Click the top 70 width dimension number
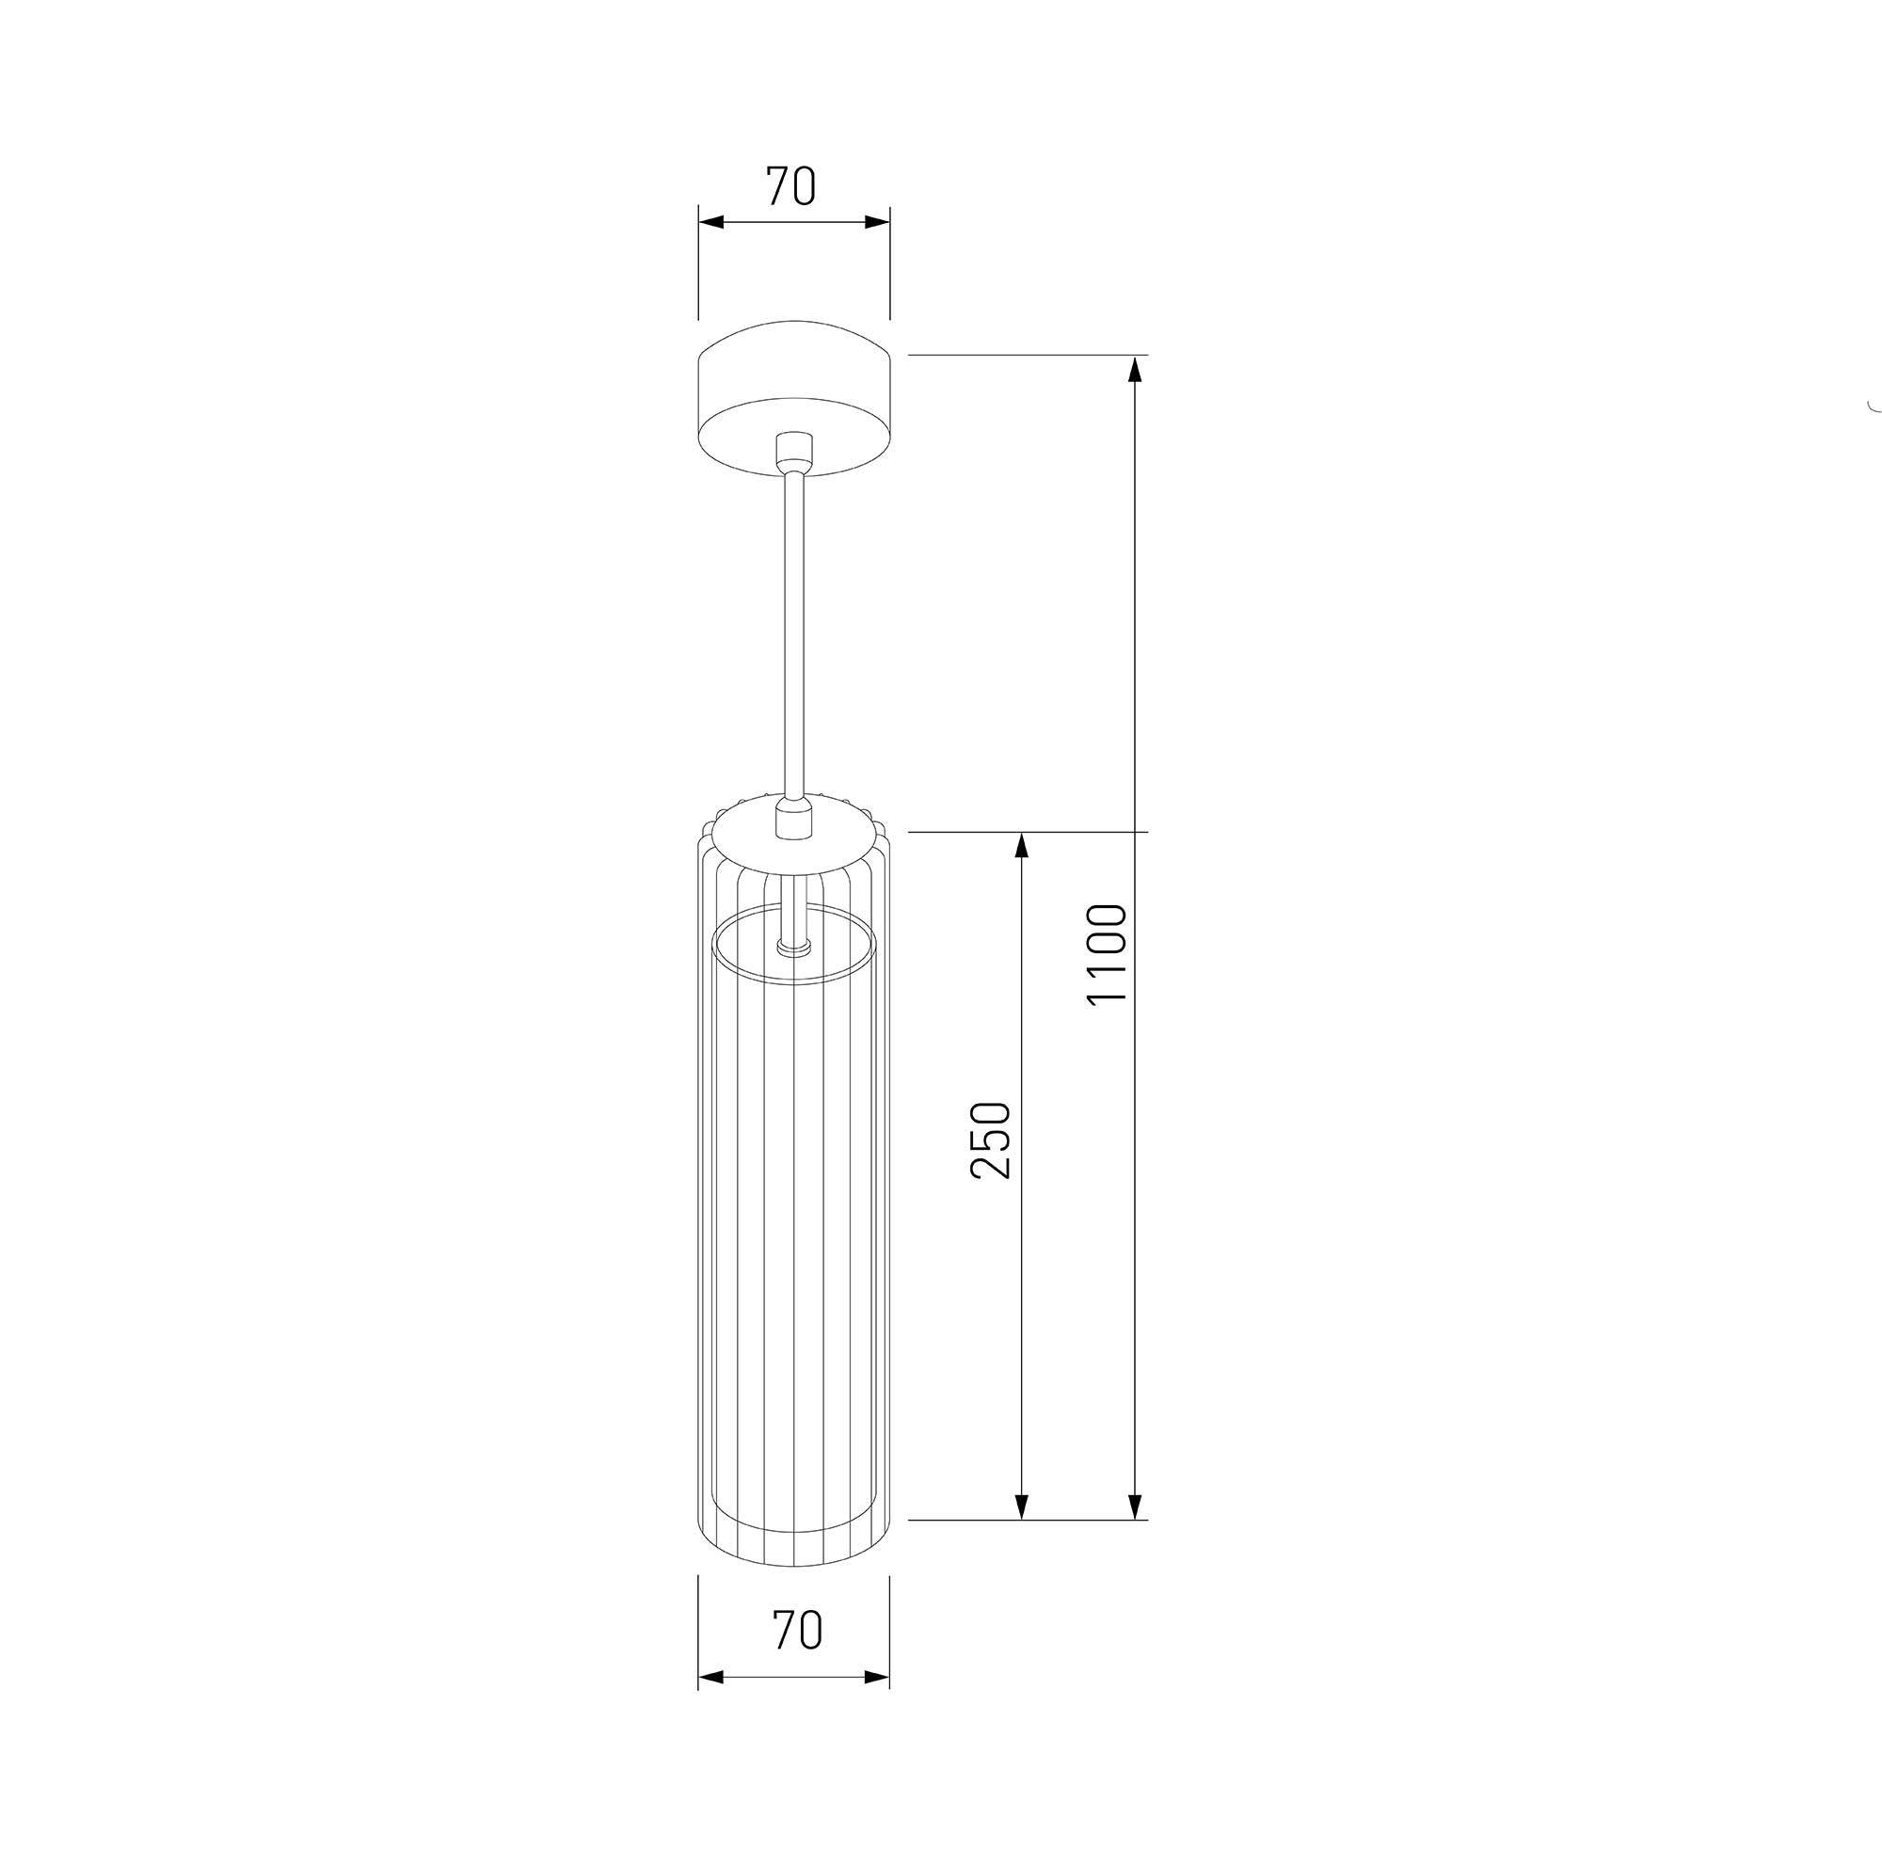[x=791, y=186]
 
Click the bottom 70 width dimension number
[x=797, y=1630]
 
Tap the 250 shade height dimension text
[x=992, y=1140]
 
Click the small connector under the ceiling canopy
[x=794, y=452]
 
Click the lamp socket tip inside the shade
[x=794, y=943]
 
